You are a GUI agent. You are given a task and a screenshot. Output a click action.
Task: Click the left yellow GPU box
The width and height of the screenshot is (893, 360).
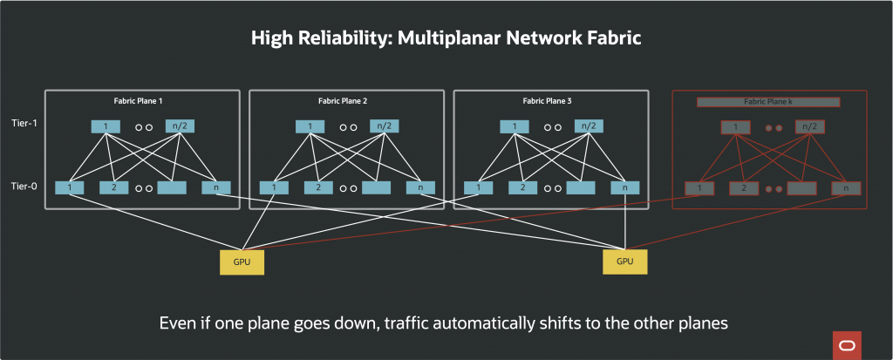(x=242, y=261)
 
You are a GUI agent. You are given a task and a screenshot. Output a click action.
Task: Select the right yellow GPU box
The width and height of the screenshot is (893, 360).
(x=625, y=261)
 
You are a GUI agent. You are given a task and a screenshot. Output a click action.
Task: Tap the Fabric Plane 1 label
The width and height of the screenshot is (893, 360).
(x=140, y=101)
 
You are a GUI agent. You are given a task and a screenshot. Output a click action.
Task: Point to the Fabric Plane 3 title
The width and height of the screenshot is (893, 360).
(x=548, y=101)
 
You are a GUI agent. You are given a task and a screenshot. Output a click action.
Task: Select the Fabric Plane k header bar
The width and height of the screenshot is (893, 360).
(x=767, y=102)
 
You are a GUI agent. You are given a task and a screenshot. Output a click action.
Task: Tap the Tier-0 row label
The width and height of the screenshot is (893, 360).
(x=23, y=185)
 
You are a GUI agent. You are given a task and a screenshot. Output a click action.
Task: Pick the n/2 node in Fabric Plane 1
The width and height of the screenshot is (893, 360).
(x=180, y=126)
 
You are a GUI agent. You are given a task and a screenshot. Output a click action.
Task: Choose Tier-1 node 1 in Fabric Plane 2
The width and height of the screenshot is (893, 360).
(x=310, y=126)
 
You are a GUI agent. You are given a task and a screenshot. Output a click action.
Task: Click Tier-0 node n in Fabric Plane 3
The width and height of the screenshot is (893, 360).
(x=624, y=187)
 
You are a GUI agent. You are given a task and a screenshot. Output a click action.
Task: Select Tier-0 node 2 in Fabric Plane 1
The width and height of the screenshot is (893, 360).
(x=113, y=187)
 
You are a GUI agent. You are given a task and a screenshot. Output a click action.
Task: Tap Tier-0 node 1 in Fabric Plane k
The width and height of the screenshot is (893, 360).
(x=699, y=187)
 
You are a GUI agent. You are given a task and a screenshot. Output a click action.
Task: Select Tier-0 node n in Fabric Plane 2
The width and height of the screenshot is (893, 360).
(x=419, y=187)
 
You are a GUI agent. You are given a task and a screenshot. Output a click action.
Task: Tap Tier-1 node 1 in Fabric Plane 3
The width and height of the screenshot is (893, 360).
(x=514, y=126)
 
